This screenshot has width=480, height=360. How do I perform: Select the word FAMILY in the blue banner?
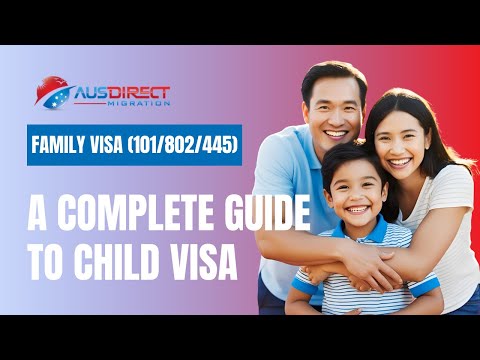[x=62, y=146]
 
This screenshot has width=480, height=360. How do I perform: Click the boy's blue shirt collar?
[x=340, y=233]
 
